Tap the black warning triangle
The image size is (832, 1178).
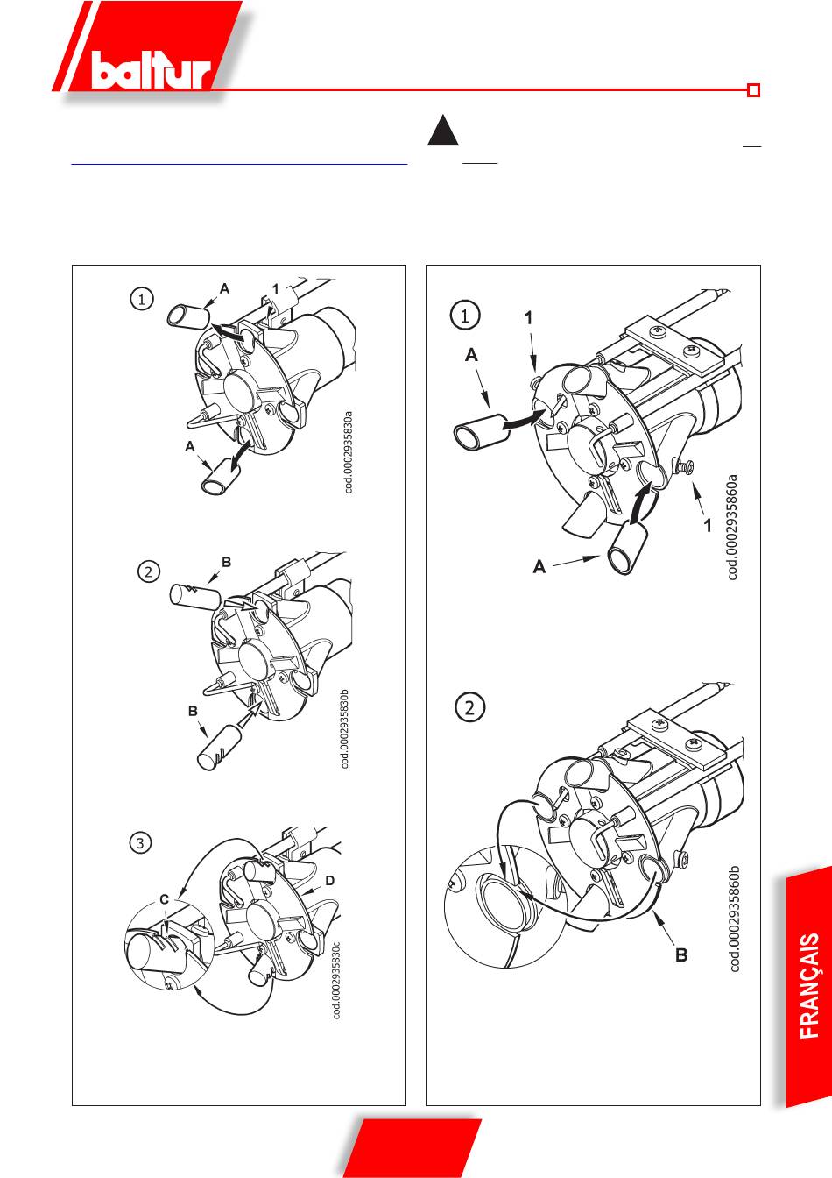[x=443, y=130]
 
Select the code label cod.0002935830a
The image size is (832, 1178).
[x=349, y=452]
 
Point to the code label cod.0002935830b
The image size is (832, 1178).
[x=345, y=727]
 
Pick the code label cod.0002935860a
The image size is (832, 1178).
[x=733, y=528]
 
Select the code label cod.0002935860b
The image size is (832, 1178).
[x=735, y=919]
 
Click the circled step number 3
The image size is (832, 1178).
[x=140, y=843]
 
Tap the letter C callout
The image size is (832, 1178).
[x=165, y=900]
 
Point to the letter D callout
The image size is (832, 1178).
[x=330, y=880]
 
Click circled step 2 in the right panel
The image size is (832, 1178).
[x=469, y=707]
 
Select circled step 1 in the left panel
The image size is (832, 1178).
[x=141, y=299]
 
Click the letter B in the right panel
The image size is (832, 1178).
[x=681, y=954]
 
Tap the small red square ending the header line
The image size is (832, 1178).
[x=754, y=90]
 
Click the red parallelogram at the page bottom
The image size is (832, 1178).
[x=412, y=1148]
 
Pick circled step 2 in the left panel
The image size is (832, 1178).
[x=148, y=572]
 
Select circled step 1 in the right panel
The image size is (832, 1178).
[x=465, y=316]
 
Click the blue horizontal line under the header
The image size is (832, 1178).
[x=240, y=165]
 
